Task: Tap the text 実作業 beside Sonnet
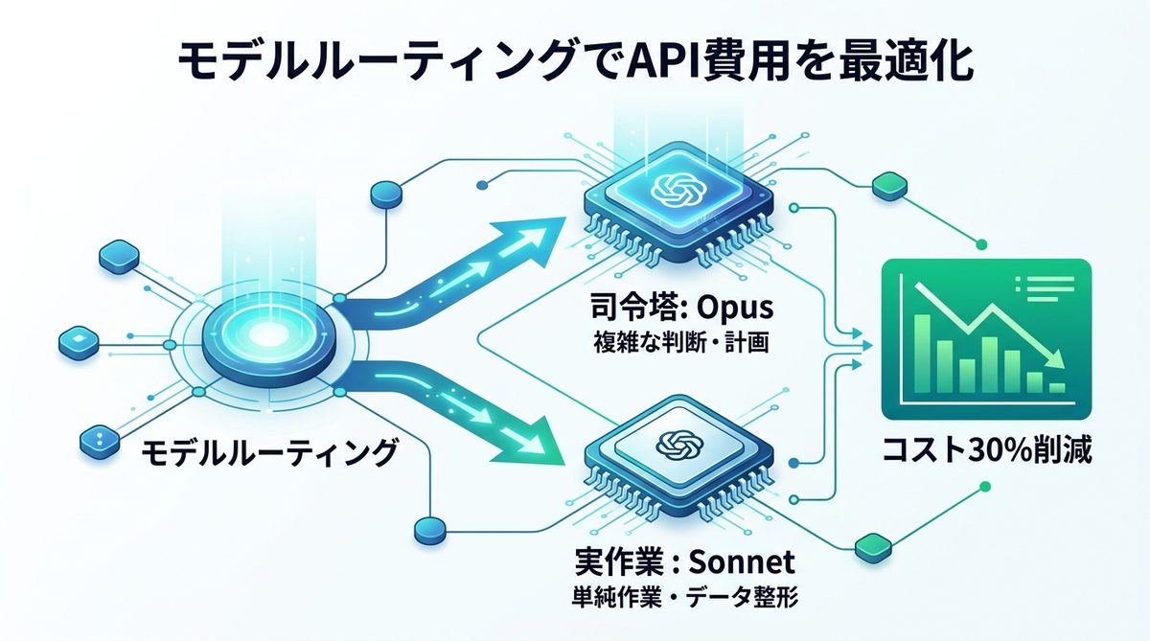point(609,559)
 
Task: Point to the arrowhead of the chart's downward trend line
point(1055,360)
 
